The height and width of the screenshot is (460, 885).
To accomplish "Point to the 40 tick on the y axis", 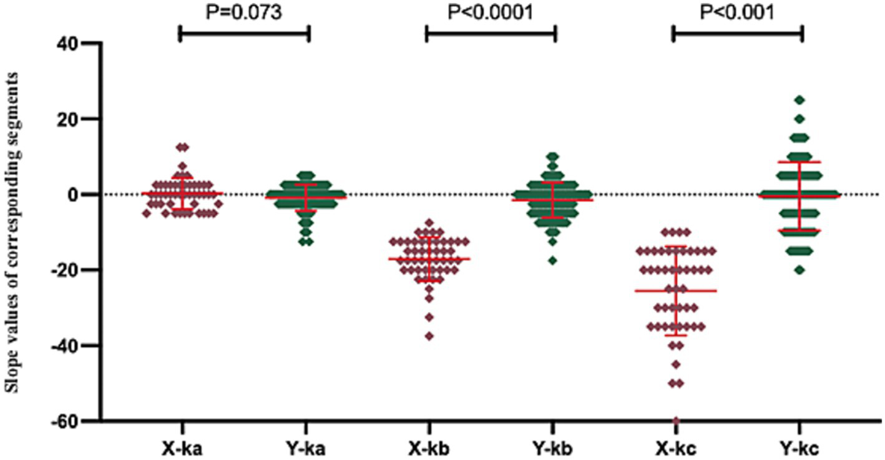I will click(81, 43).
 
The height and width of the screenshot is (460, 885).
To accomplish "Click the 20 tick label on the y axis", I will click(81, 119).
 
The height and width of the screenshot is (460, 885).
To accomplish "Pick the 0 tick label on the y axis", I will click(87, 194).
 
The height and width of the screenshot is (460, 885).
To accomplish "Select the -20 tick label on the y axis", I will click(77, 270).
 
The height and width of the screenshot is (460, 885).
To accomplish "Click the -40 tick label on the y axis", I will click(77, 346).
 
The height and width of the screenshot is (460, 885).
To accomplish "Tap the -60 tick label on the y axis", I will click(77, 421).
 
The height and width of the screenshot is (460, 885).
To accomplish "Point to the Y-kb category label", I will click(553, 449).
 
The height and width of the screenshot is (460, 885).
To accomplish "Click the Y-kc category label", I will click(800, 449).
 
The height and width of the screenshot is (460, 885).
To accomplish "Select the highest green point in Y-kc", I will click(799, 100).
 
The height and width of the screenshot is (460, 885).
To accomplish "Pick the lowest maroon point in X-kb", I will click(429, 336).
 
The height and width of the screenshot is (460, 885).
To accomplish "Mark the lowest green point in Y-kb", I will click(553, 261).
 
